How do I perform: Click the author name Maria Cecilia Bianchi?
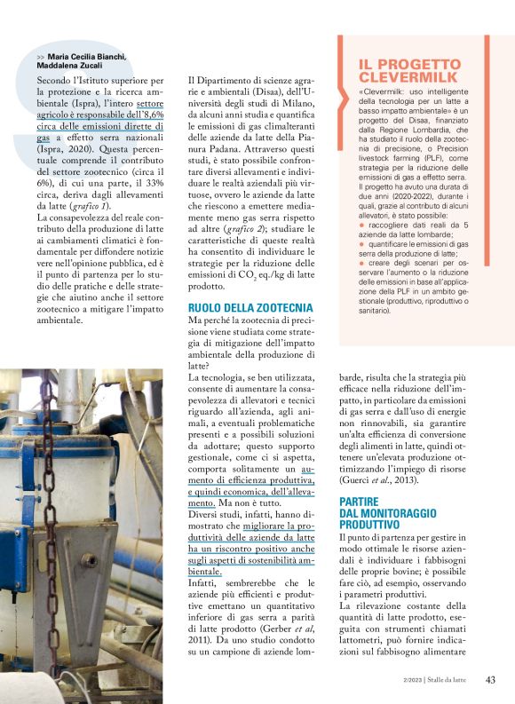88,56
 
